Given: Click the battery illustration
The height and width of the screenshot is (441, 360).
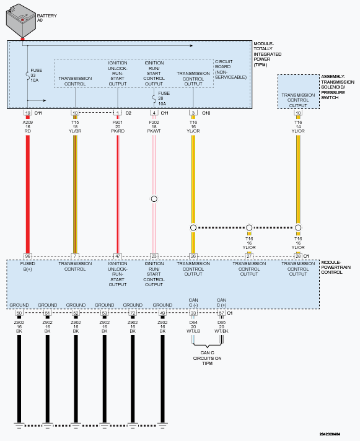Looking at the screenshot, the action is (x=21, y=21).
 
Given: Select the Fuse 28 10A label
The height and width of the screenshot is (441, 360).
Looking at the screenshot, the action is (x=164, y=98).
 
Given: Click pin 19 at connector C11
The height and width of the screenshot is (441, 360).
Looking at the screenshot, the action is (x=27, y=113).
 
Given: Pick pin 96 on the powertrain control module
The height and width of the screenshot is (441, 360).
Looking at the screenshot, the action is (x=27, y=256).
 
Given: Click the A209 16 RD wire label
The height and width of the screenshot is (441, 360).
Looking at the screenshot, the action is (x=27, y=126).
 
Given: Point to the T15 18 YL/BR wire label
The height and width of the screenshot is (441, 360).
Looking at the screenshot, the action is (x=75, y=126).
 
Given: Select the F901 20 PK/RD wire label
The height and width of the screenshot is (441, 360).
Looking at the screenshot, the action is (x=118, y=126).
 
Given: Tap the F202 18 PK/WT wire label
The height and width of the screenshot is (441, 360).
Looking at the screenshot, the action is (x=154, y=126).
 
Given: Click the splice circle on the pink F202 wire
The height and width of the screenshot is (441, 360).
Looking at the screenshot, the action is (x=154, y=199).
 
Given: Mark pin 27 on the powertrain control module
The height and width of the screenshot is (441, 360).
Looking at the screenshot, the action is (x=249, y=256).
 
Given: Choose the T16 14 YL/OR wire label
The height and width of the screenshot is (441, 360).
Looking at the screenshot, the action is (x=298, y=126).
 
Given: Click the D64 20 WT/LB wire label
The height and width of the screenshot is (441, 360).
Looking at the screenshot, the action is (x=193, y=326).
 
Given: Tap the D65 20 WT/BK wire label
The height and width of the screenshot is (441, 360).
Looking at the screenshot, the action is (x=221, y=326).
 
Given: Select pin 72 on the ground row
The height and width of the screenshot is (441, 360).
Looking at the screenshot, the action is (x=133, y=313).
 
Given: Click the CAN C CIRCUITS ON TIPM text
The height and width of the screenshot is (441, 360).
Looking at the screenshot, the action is (x=208, y=358).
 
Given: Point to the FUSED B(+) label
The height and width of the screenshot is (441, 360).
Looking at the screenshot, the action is (x=27, y=266).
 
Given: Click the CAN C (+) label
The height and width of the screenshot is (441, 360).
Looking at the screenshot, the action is (x=221, y=303).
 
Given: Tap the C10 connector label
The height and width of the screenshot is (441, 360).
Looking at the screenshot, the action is (x=206, y=113).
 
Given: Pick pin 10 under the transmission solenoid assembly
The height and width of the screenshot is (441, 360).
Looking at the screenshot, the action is (x=298, y=113).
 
